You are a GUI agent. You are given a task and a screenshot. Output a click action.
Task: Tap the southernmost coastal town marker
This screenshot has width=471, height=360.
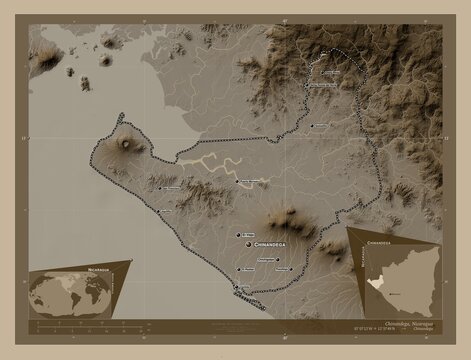237,288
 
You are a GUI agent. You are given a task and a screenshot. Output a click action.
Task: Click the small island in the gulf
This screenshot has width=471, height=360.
106,60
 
